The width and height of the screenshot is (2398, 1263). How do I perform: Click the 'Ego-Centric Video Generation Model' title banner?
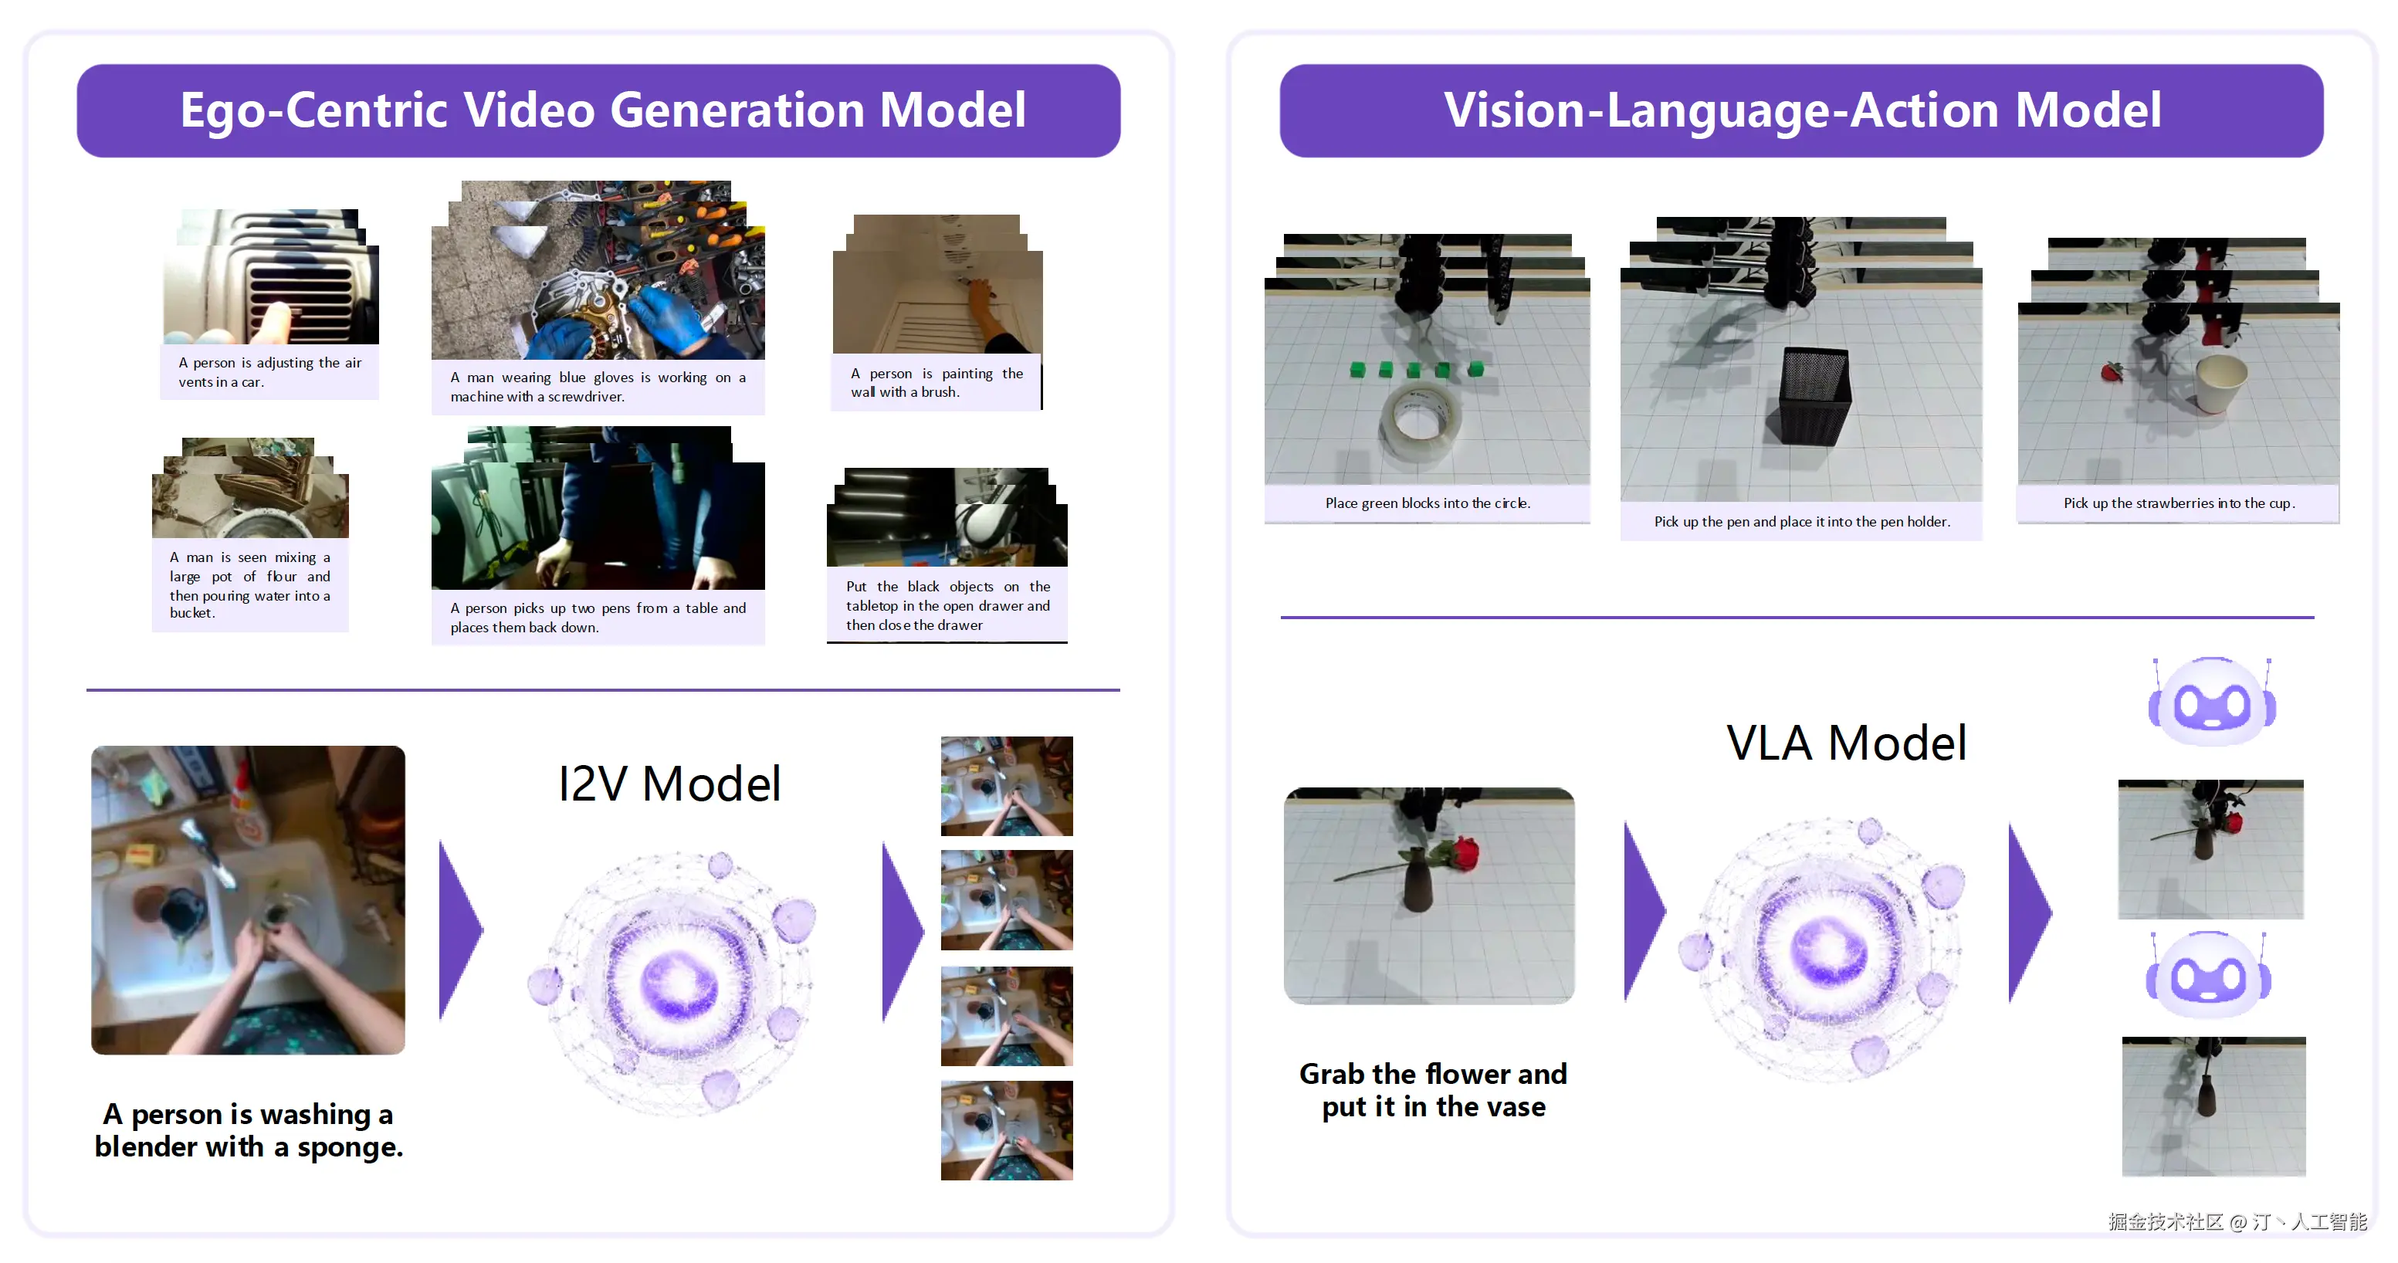click(x=598, y=110)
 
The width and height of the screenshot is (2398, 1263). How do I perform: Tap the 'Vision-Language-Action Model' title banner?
click(x=1801, y=110)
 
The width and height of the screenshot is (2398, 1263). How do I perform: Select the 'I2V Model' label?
click(x=669, y=783)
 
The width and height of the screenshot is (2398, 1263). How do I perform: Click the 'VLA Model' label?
click(x=1846, y=742)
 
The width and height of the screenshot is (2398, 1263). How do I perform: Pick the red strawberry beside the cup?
click(x=2112, y=371)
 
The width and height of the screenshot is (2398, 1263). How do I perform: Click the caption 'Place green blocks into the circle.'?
click(x=1427, y=503)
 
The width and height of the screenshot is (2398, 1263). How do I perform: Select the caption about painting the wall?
click(x=937, y=383)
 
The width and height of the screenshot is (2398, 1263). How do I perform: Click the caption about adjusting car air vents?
click(x=270, y=372)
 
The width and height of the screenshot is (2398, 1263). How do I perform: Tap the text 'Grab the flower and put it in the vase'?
click(x=1433, y=1090)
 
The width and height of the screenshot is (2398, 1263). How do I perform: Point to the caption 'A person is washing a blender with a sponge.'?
click(x=249, y=1130)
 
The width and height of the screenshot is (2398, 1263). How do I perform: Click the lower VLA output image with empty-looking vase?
click(x=2213, y=1106)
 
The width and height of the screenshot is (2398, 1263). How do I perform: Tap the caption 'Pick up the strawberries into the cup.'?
click(x=2178, y=503)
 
